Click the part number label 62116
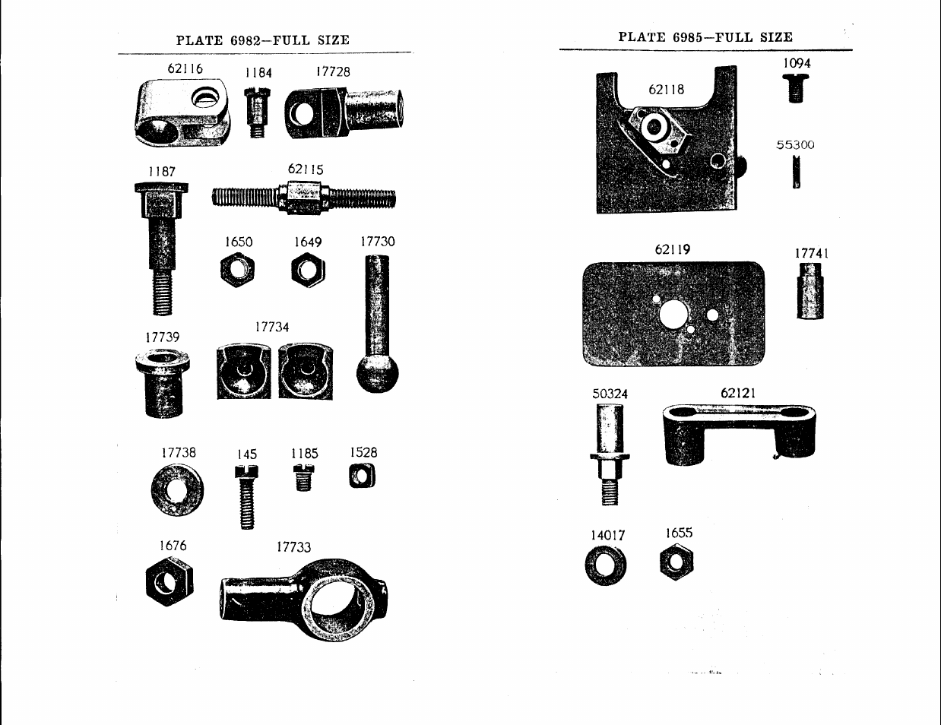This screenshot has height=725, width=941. click(185, 68)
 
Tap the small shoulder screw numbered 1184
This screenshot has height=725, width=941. click(257, 112)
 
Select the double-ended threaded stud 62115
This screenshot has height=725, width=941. click(303, 198)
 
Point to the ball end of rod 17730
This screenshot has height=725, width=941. click(377, 373)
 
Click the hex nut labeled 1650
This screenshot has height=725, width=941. click(237, 270)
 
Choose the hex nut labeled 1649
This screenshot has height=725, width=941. click(308, 270)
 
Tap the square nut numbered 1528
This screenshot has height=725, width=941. click(362, 476)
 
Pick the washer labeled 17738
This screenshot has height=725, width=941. click(177, 490)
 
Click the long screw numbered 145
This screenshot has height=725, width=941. click(247, 497)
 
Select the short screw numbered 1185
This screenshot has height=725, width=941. click(303, 477)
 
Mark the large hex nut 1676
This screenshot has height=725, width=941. click(170, 581)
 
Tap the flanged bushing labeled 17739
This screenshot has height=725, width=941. click(163, 382)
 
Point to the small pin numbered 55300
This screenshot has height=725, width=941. click(796, 173)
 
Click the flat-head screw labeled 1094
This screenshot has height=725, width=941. click(796, 88)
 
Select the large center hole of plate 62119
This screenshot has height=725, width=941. click(673, 315)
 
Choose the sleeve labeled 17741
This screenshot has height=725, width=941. click(810, 291)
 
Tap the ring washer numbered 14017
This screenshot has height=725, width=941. click(605, 565)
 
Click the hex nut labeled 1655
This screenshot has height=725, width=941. click(676, 562)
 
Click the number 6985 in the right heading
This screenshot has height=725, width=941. click(688, 37)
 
